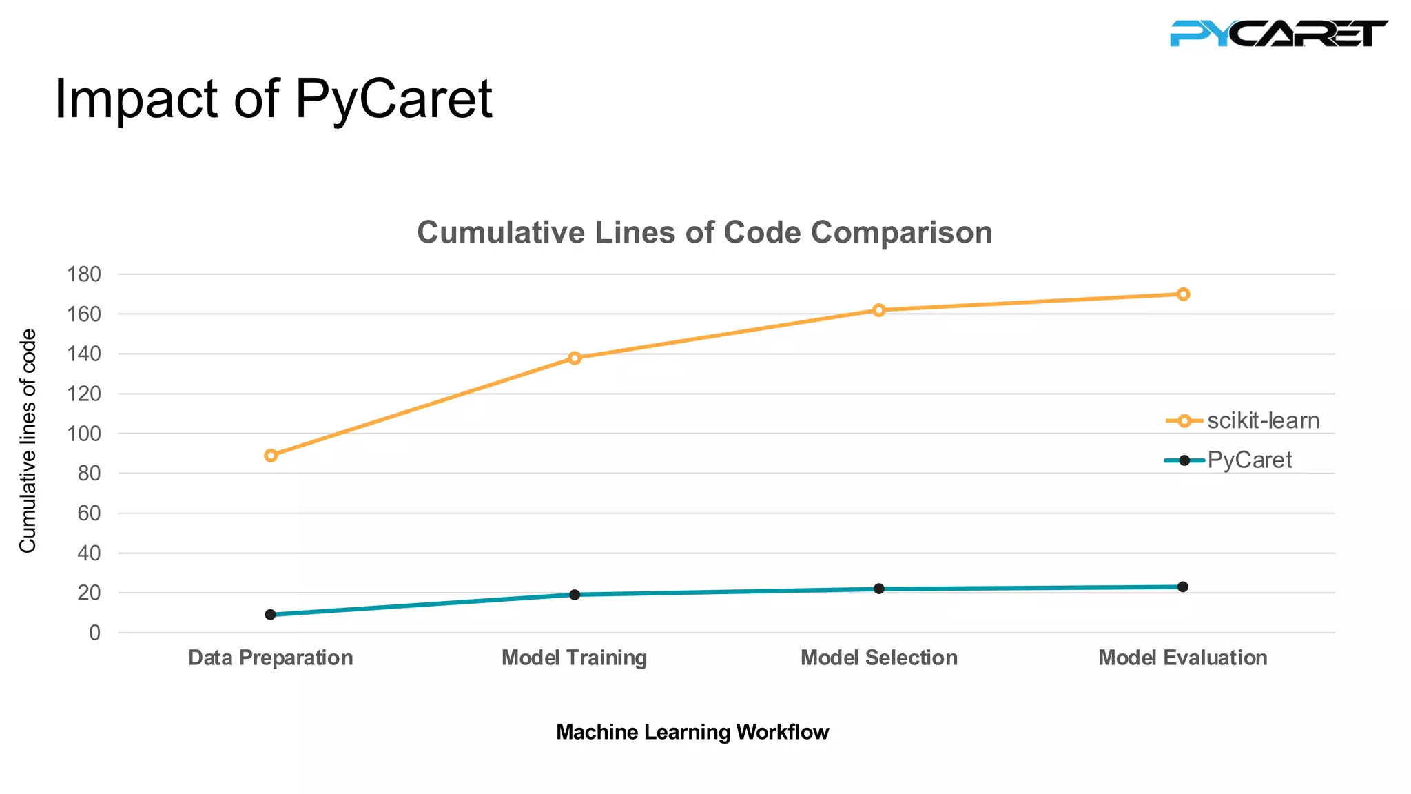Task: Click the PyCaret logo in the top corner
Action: click(x=1278, y=33)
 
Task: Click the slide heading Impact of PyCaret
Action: click(x=273, y=99)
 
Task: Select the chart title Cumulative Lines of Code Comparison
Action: click(x=704, y=232)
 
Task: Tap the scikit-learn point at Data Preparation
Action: click(x=271, y=456)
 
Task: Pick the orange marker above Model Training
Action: click(x=575, y=358)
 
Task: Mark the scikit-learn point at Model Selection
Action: click(x=878, y=310)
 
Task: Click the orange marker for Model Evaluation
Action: click(x=1183, y=294)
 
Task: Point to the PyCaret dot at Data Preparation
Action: click(x=271, y=614)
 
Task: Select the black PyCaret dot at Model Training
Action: click(x=575, y=594)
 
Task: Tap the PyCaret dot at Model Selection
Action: click(x=878, y=589)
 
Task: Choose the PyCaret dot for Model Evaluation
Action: click(x=1183, y=587)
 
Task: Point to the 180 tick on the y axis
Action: click(x=84, y=274)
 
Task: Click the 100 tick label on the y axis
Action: click(x=84, y=434)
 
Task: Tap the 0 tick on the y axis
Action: click(x=94, y=633)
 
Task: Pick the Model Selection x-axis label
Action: click(x=878, y=658)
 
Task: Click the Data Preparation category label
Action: click(x=271, y=658)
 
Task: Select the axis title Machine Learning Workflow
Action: click(x=692, y=732)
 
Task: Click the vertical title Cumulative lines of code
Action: click(x=28, y=441)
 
